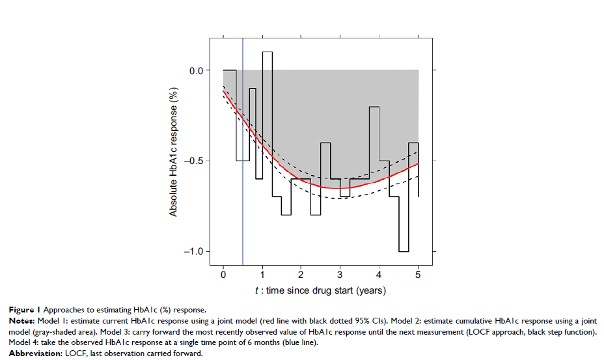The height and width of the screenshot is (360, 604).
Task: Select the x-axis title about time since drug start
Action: click(320, 290)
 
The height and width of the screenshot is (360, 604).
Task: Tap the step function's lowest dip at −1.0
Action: click(404, 251)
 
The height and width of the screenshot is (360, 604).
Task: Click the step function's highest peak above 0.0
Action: click(267, 51)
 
